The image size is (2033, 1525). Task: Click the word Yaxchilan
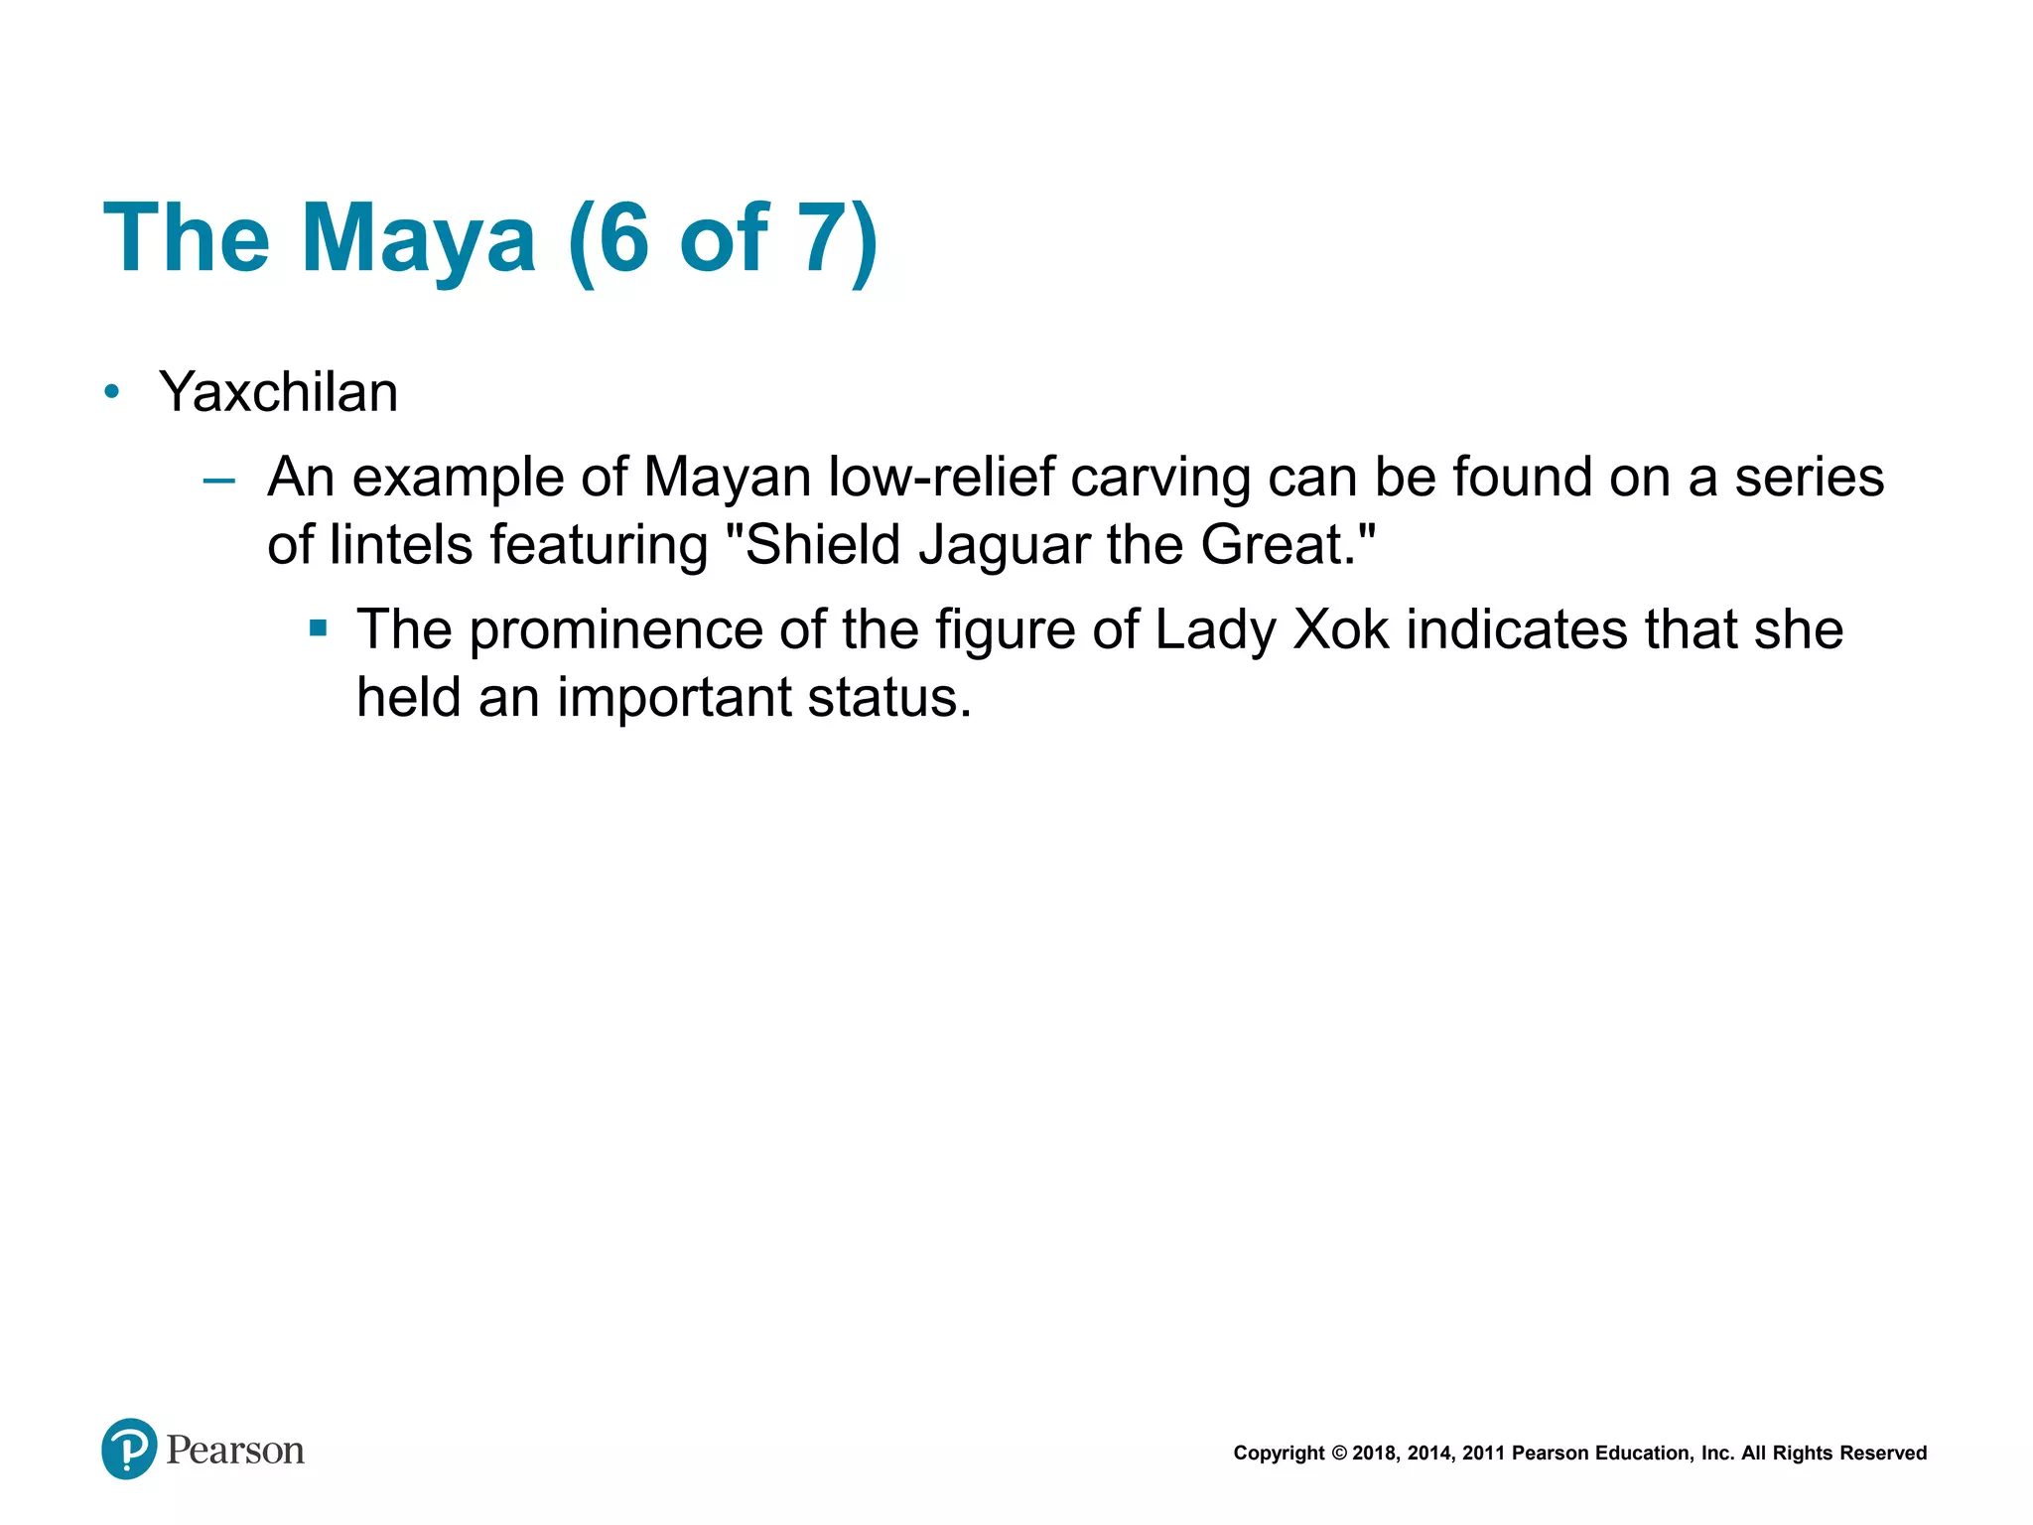(x=278, y=392)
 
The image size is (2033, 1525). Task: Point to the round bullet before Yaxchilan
(x=112, y=392)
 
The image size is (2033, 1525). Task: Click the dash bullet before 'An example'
(x=218, y=482)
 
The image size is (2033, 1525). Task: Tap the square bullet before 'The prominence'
(x=318, y=628)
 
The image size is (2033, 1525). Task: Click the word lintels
(x=401, y=545)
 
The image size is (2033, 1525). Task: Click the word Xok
(x=1341, y=629)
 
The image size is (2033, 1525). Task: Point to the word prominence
(x=616, y=631)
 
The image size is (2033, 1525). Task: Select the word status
(x=888, y=698)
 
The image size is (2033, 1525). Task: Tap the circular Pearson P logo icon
(x=129, y=1449)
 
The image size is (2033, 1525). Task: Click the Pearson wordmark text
(x=235, y=1451)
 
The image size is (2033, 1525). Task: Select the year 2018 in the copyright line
(x=1374, y=1454)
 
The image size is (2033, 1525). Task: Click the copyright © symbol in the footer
(x=1338, y=1454)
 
